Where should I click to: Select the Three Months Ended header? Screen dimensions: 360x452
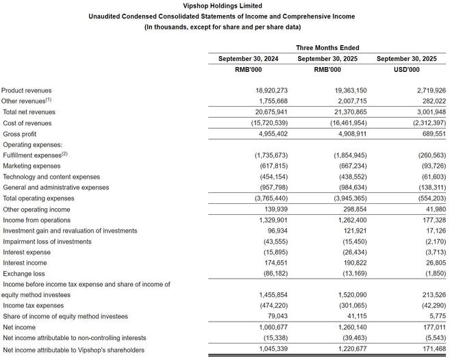pyautogui.click(x=327, y=48)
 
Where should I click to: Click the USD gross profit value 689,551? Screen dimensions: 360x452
pyautogui.click(x=431, y=133)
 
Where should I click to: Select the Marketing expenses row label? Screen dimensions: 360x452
pyautogui.click(x=32, y=166)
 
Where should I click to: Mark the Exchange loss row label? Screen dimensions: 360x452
pyautogui.click(x=23, y=273)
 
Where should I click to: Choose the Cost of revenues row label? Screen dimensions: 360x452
pyautogui.click(x=27, y=123)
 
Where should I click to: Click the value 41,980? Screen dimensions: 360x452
pyautogui.click(x=433, y=209)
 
